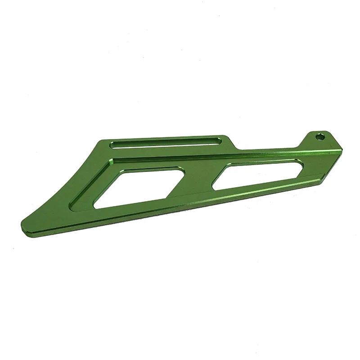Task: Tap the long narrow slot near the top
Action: [x=167, y=144]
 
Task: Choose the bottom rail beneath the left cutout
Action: [x=135, y=208]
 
